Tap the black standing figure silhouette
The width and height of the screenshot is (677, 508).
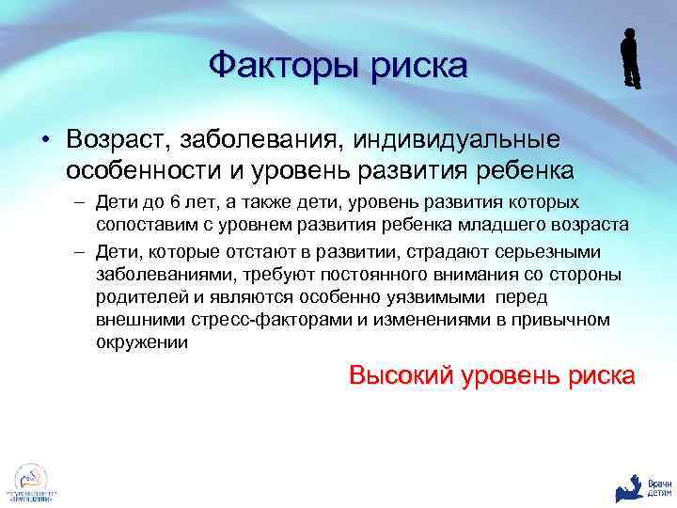click(x=630, y=58)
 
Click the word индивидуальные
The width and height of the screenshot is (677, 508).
click(x=456, y=140)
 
